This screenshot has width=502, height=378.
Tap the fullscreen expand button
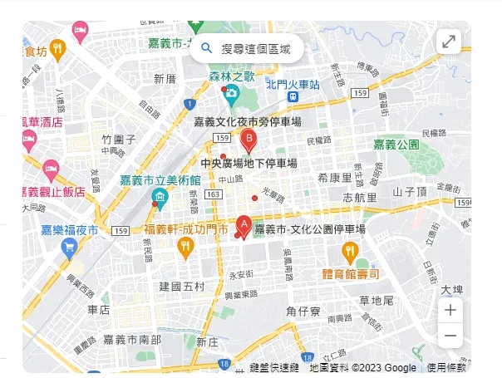pos(449,42)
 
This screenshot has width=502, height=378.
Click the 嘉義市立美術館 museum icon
pos(159,198)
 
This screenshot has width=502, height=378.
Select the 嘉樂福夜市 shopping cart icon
pos(69,248)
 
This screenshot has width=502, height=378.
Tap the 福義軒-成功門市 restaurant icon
pos(185,247)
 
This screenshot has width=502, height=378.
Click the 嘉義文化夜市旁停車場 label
pos(247,122)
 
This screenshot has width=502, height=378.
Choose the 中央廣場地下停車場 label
pos(249,163)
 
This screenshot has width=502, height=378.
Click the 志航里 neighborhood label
pos(359,198)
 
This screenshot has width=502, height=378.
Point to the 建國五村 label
pos(181,287)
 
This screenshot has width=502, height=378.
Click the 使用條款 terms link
pos(447,367)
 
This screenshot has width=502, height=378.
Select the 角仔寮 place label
pos(303,312)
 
